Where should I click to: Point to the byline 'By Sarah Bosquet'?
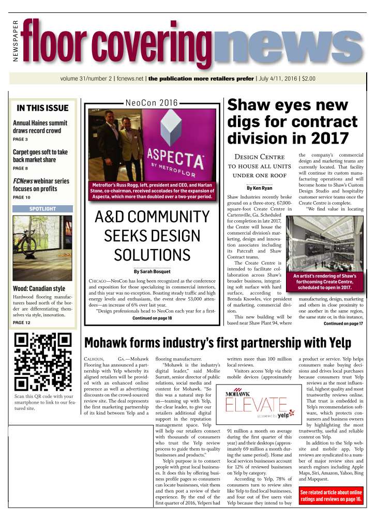tap(152, 270)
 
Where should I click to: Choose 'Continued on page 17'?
tap(343, 324)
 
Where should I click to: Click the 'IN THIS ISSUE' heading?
tap(42, 108)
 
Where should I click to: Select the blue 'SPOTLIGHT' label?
tap(42, 209)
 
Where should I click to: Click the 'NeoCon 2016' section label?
tap(151, 103)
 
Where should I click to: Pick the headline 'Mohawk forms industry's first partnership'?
tap(217, 343)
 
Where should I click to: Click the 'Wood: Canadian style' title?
tap(39, 288)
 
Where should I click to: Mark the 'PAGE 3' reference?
tap(20, 140)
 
